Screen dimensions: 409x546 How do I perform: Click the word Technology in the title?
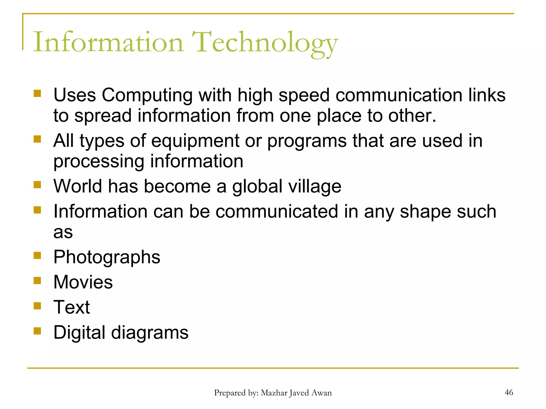(265, 43)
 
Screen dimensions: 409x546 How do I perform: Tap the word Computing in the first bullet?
(147, 96)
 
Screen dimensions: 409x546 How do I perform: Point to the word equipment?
(195, 141)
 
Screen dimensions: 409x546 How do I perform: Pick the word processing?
(99, 162)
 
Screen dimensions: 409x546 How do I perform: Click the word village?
(315, 186)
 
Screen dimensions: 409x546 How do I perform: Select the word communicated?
(277, 211)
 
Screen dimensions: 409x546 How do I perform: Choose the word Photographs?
(107, 257)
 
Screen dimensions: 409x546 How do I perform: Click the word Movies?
(83, 282)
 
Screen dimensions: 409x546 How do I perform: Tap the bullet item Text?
(71, 307)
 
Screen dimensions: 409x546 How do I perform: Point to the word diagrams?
(150, 333)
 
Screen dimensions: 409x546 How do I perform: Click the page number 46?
(509, 392)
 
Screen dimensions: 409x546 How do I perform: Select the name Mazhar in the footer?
(274, 393)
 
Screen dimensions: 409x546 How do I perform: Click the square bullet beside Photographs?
(37, 256)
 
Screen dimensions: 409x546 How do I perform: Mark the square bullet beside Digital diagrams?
(37, 331)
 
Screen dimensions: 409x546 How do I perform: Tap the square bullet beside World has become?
(37, 185)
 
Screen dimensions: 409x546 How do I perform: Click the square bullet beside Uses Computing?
(37, 93)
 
